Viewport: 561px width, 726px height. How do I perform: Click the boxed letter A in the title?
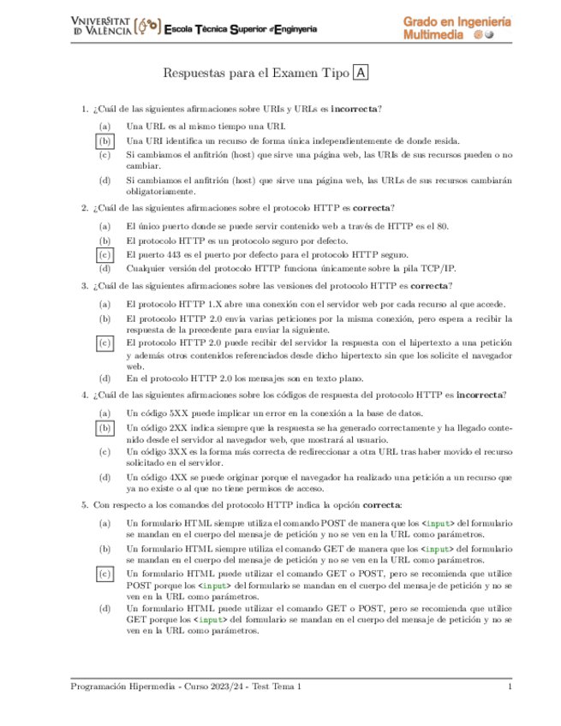361,74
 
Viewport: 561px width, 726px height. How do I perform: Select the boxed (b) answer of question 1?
104,140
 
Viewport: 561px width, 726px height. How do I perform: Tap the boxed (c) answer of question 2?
104,254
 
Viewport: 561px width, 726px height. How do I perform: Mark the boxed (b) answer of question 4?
104,425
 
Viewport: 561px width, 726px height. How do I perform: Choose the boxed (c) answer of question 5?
104,574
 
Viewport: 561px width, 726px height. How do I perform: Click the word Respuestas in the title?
192,74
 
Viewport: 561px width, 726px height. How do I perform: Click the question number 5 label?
84,505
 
